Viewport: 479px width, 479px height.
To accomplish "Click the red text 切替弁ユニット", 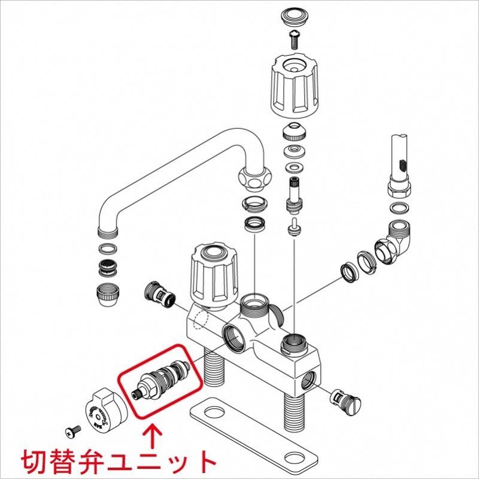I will tap(118, 461).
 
